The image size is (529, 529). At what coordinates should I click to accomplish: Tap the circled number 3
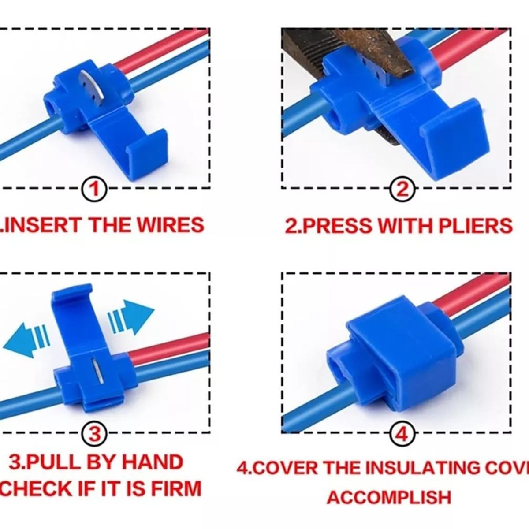[x=93, y=434]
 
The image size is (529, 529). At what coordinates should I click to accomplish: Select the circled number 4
[x=401, y=434]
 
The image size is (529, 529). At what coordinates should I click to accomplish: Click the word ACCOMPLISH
[x=389, y=497]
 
